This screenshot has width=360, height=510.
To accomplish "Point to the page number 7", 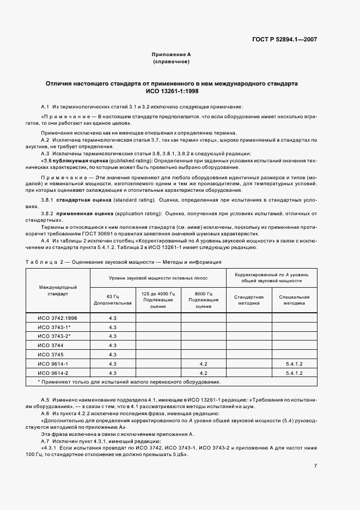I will point(315,465).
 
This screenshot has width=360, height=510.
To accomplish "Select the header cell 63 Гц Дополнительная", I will point(113,299).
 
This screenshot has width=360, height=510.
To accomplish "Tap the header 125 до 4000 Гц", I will point(158,299).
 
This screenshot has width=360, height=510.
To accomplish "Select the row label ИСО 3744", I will point(50,345).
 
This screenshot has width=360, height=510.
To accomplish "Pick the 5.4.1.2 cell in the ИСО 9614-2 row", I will point(294,373).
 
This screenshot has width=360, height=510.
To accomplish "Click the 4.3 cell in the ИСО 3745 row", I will point(113,354).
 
